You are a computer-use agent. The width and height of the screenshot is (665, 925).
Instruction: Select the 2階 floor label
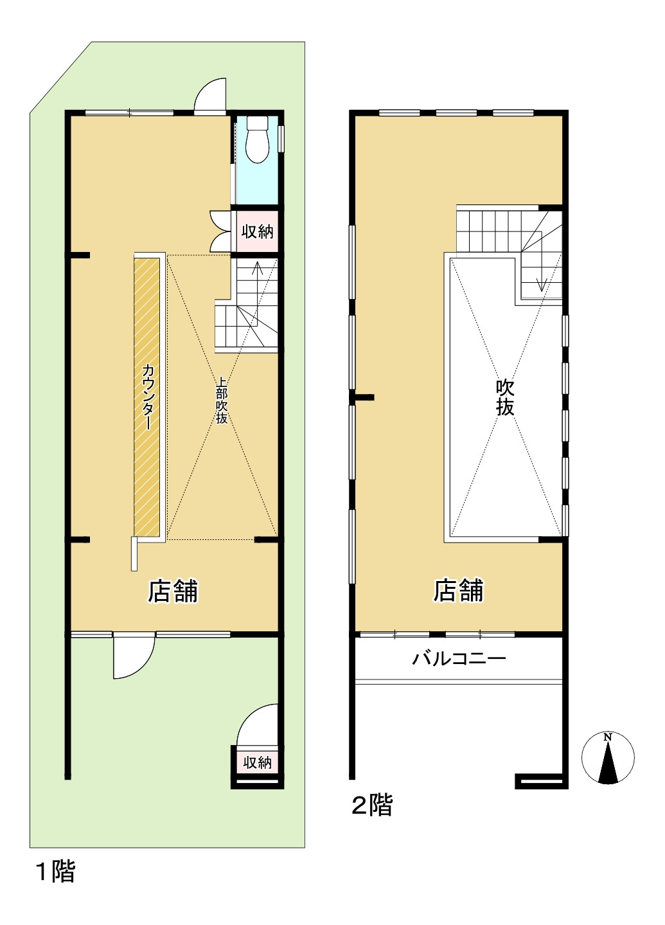pyautogui.click(x=372, y=804)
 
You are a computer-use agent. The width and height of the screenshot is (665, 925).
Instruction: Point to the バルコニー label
pyautogui.click(x=459, y=658)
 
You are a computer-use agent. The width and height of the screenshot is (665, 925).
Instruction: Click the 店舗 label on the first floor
pyautogui.click(x=173, y=591)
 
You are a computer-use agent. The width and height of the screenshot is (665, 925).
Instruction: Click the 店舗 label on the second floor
pyautogui.click(x=458, y=590)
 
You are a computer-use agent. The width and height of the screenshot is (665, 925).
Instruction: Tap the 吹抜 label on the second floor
pyautogui.click(x=505, y=397)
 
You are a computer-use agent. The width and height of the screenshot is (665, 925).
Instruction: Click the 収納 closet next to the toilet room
pyautogui.click(x=257, y=231)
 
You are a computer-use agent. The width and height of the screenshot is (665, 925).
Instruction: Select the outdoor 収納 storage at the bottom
pyautogui.click(x=257, y=762)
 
